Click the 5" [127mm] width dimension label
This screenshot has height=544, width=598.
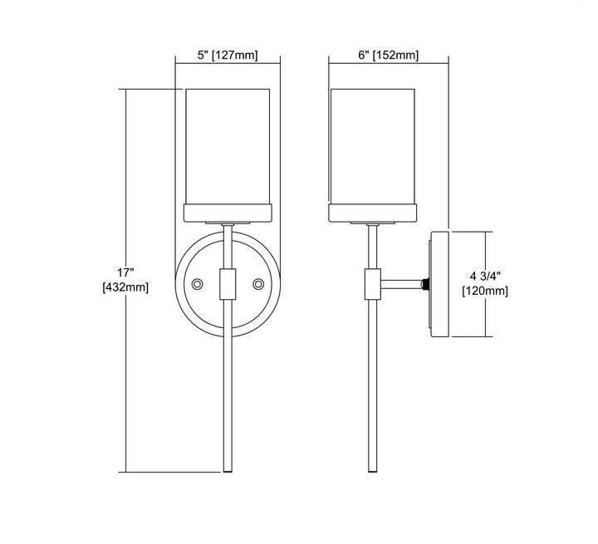point(228,56)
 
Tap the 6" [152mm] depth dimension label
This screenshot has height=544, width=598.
point(388,56)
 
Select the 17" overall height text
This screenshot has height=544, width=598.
point(125,272)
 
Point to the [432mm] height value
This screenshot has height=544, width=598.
point(125,287)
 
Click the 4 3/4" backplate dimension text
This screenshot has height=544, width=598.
point(485,276)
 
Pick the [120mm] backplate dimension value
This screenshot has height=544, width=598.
point(485,291)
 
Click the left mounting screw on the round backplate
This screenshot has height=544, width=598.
point(197,284)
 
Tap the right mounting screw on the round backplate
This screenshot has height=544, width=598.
point(258,284)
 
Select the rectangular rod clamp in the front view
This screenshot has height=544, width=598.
point(228,284)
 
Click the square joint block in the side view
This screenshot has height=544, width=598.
point(373,284)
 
